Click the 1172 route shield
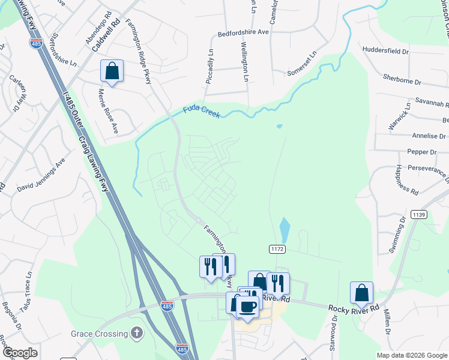pyautogui.click(x=277, y=248)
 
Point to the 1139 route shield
pyautogui.click(x=418, y=214)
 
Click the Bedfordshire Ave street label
pyautogui.click(x=243, y=34)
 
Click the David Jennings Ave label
pyautogui.click(x=41, y=178)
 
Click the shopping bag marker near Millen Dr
pyautogui.click(x=361, y=293)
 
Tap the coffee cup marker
pyautogui.click(x=247, y=306)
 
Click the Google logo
pyautogui.click(x=19, y=353)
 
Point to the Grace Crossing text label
pyautogui.click(x=99, y=334)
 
